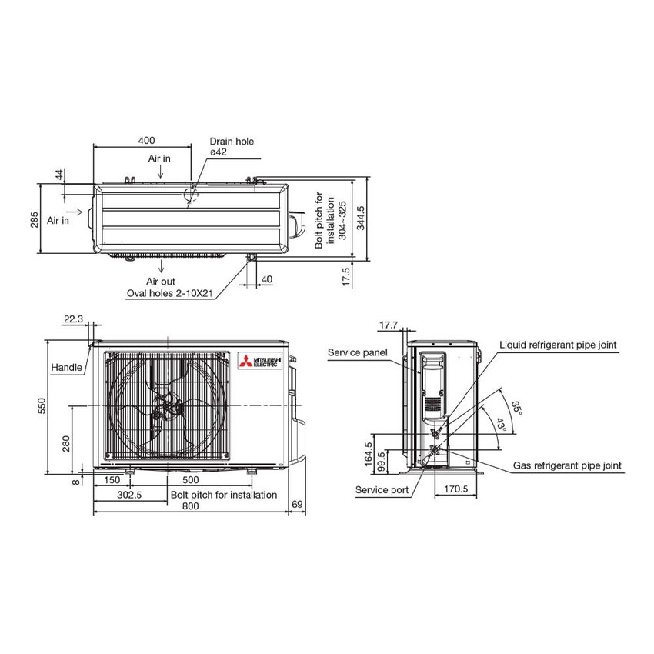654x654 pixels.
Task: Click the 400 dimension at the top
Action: tap(146, 141)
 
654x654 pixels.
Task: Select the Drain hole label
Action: tap(232, 142)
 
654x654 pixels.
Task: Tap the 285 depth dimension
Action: tap(34, 220)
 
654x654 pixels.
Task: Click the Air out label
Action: tap(161, 282)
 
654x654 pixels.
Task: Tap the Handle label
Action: tap(66, 368)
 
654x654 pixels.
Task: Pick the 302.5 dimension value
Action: tap(128, 495)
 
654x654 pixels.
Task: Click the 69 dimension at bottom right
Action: tap(297, 505)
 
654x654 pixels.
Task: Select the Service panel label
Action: tap(356, 352)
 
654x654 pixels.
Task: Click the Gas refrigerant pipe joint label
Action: tap(567, 465)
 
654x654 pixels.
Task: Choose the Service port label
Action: tap(382, 489)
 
